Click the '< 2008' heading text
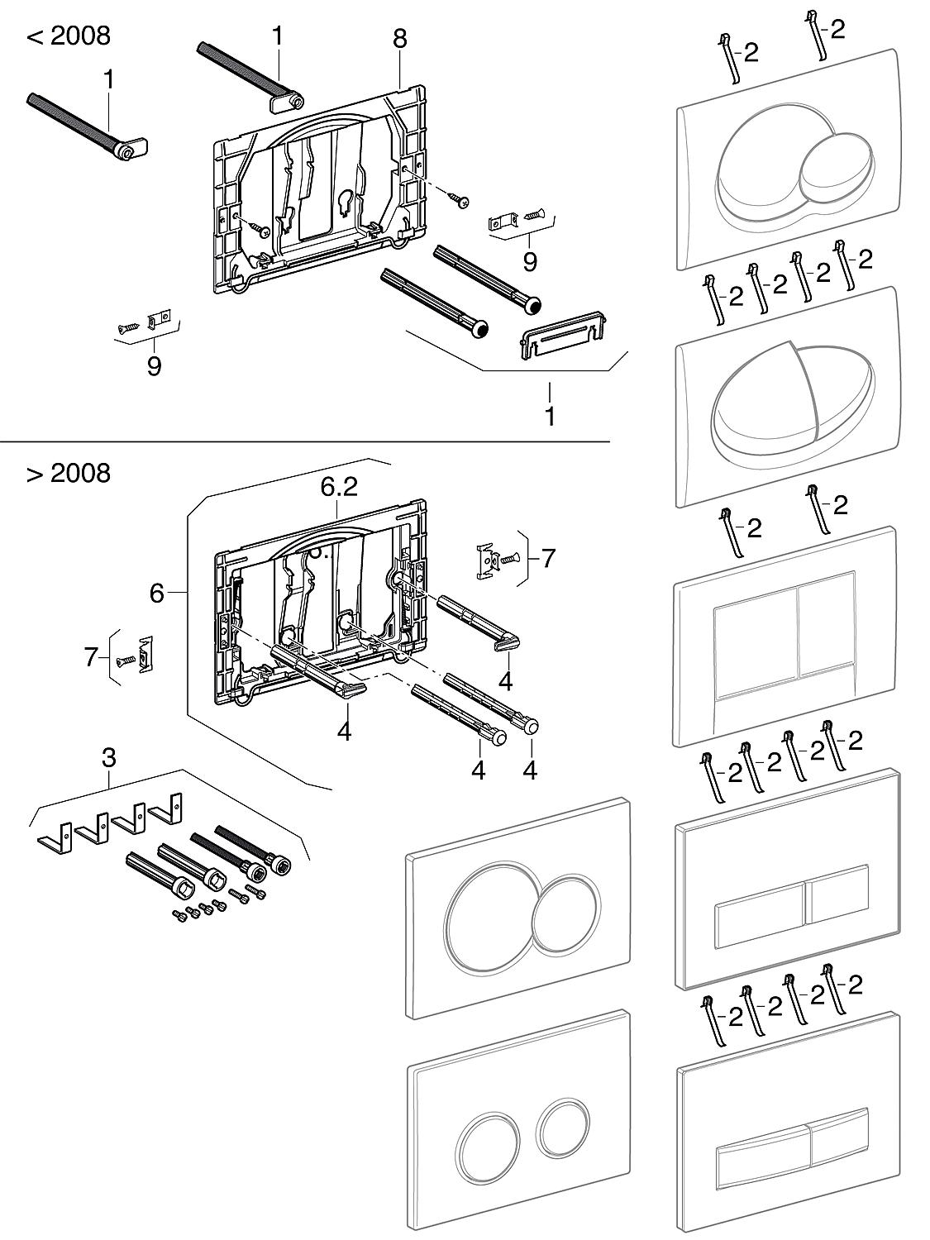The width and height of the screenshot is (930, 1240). tap(69, 36)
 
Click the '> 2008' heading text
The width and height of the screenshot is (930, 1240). tap(69, 473)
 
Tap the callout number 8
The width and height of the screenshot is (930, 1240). tap(399, 38)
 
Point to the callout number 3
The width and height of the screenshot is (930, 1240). tap(109, 756)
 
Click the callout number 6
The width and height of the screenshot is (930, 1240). tap(157, 593)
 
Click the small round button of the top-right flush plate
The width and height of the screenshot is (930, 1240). tap(834, 169)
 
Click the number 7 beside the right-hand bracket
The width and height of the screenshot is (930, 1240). tap(547, 558)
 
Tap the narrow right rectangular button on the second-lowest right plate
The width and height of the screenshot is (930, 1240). tap(837, 894)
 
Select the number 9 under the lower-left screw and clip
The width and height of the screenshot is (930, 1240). tap(155, 365)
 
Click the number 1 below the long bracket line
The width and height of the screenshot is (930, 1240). tap(550, 416)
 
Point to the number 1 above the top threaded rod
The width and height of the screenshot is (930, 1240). tap(277, 36)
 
